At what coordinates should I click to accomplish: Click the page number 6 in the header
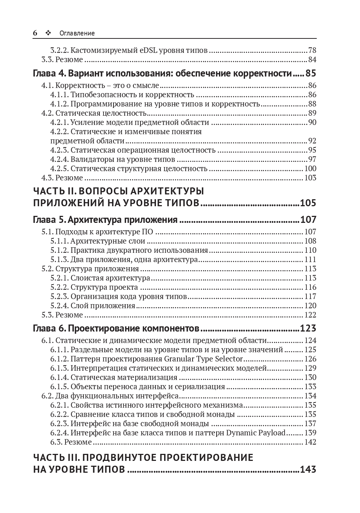35,33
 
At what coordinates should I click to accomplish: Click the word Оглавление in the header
77,33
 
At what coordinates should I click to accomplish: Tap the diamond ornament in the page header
48,33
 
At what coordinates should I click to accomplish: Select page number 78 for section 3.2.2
312,50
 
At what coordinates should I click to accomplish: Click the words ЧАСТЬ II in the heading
55,191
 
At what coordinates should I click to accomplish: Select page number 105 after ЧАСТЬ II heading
308,203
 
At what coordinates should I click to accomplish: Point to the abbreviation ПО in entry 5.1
147,232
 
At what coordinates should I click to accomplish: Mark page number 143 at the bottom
308,469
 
